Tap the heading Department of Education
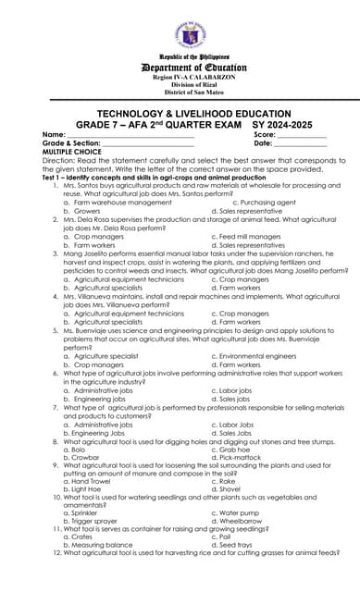(x=180, y=68)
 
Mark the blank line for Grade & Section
(x=148, y=144)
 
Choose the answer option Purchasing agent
(x=268, y=202)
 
